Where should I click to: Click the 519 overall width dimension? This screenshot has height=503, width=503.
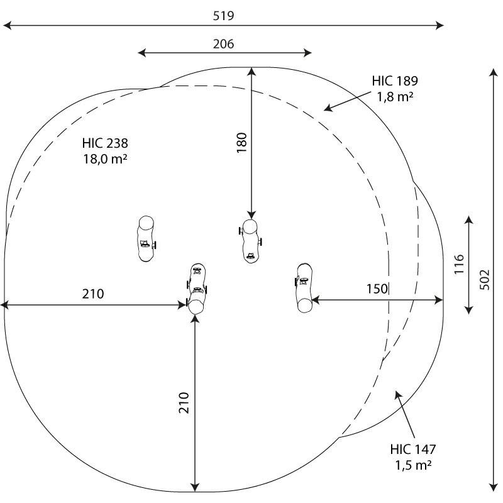(x=224, y=16)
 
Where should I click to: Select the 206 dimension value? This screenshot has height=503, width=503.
(x=224, y=44)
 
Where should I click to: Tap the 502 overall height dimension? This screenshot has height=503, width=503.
(x=485, y=280)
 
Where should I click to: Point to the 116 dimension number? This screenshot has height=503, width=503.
(x=460, y=264)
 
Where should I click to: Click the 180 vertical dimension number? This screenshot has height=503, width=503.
(x=242, y=143)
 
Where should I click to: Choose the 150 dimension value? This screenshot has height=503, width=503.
(x=377, y=289)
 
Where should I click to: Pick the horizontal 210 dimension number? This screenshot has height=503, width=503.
(x=93, y=294)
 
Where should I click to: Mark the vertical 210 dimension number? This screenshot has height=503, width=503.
(x=184, y=402)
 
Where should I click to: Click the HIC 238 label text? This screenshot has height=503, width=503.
(x=105, y=143)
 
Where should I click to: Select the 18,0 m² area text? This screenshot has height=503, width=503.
(x=105, y=159)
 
